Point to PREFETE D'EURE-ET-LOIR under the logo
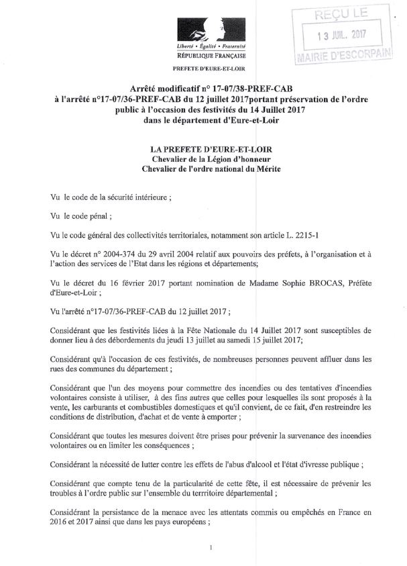pyautogui.click(x=209, y=69)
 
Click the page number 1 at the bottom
pyautogui.click(x=211, y=548)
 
